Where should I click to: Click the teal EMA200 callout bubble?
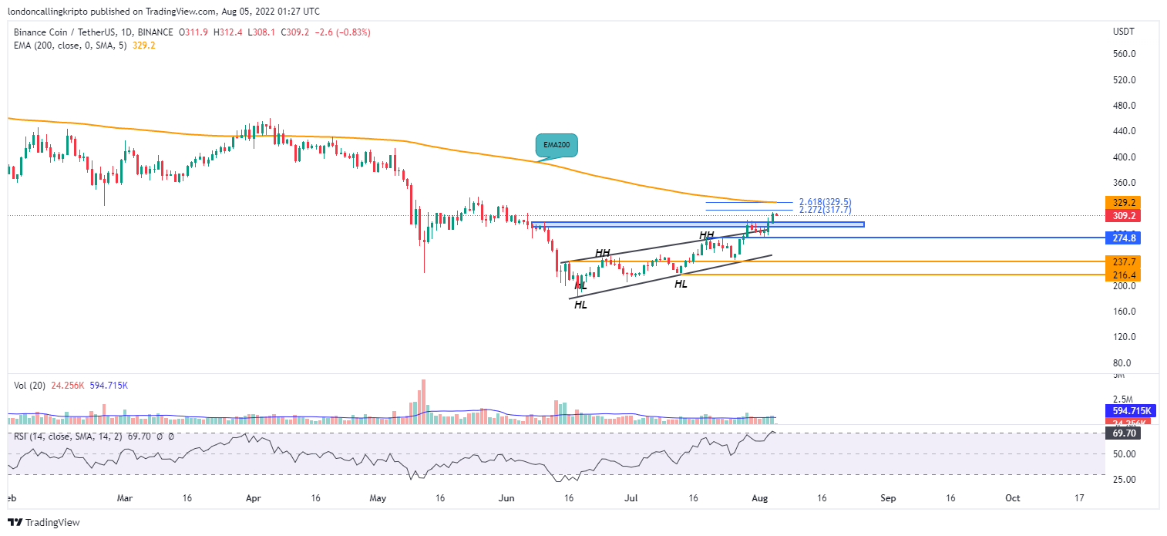coord(556,145)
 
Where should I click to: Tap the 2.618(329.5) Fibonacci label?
coord(825,202)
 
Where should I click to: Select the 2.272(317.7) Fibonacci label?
coord(825,210)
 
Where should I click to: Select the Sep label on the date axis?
coord(889,498)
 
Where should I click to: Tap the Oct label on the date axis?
coord(1013,498)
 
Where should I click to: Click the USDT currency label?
coord(1123,31)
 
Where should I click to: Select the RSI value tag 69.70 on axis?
coord(1124,433)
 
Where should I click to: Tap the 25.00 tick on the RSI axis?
coord(1123,479)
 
